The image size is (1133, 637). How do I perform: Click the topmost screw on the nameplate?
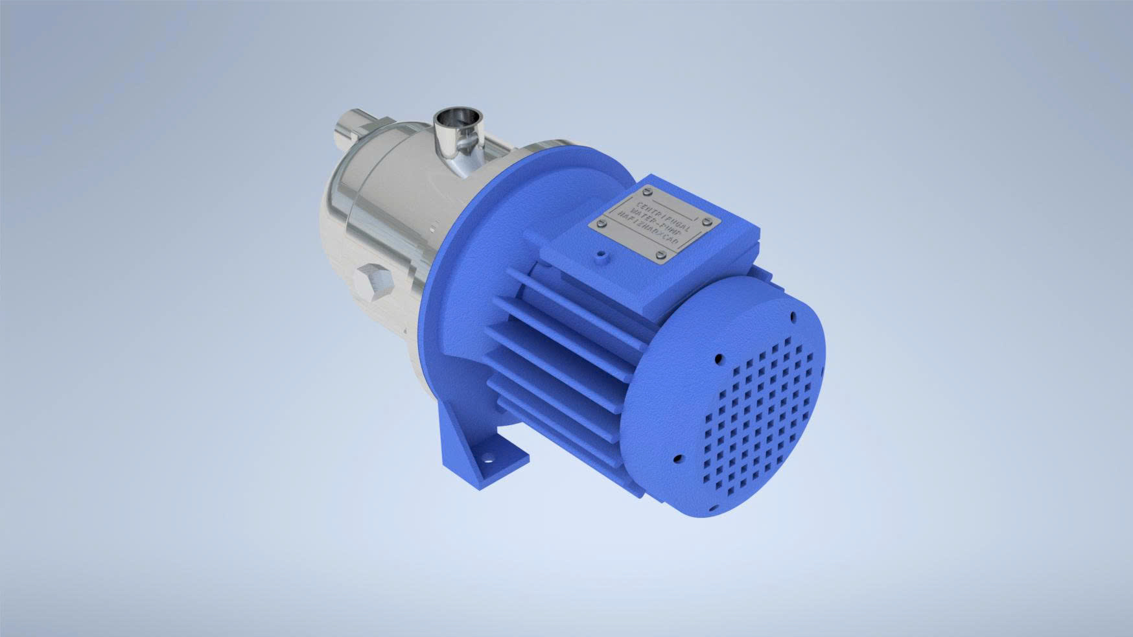[648, 191]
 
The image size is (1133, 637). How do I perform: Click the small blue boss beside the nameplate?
[601, 257]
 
